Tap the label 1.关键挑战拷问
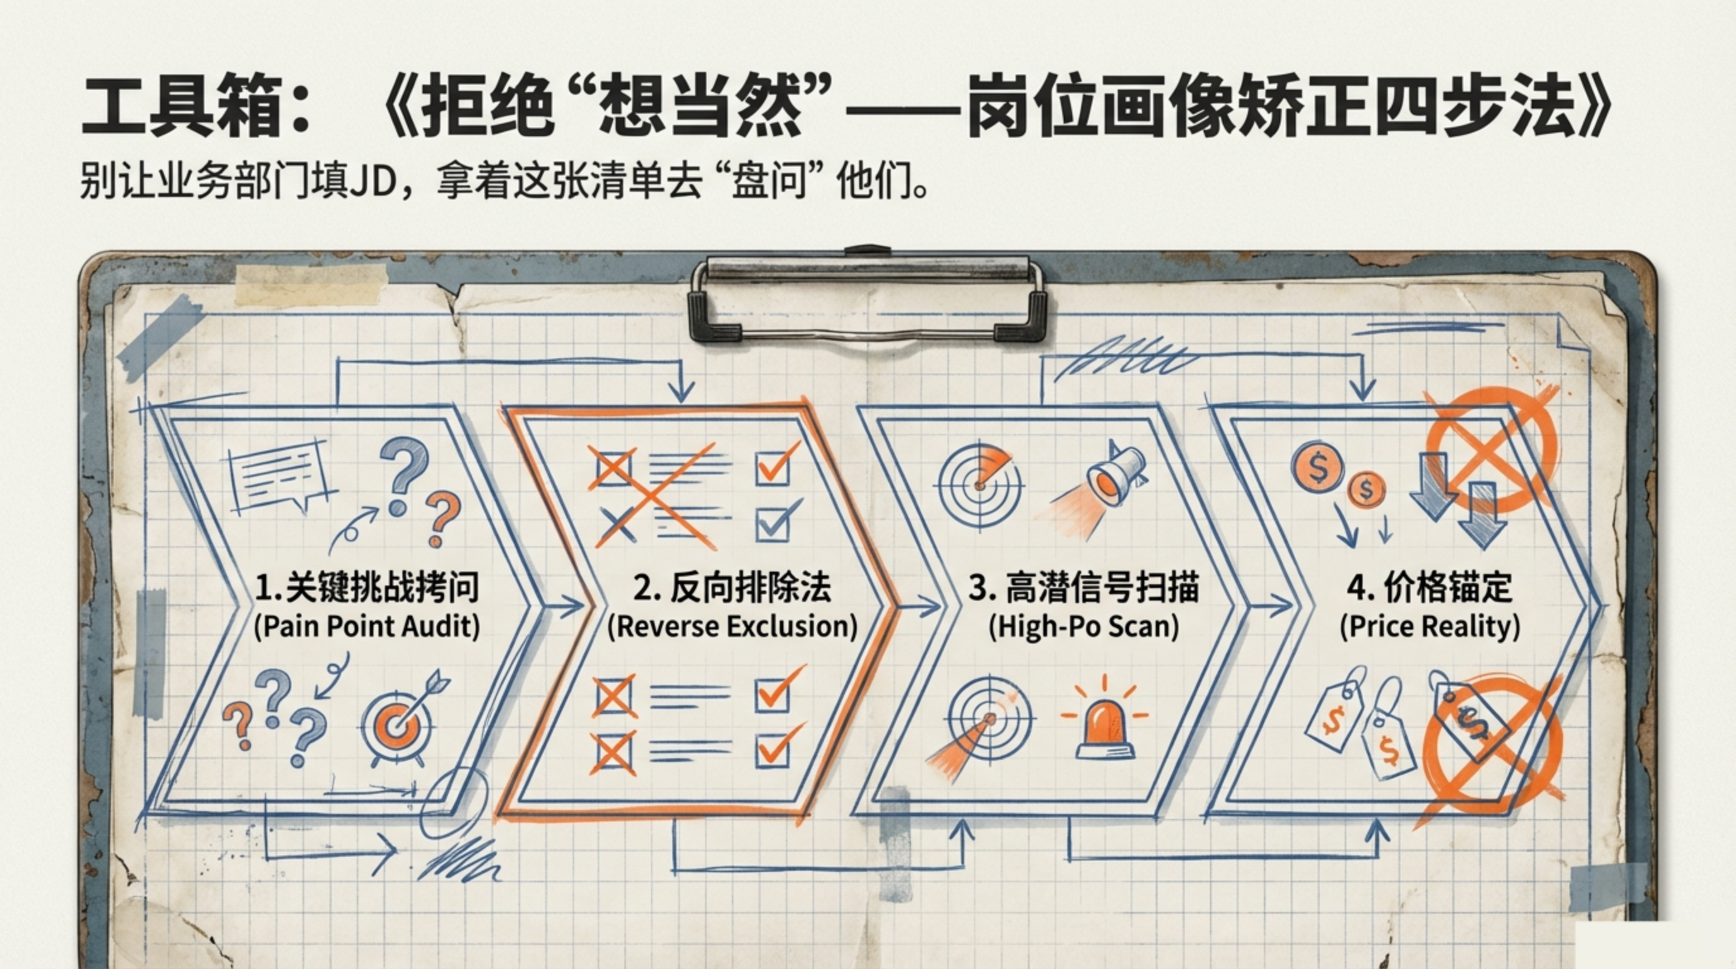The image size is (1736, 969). tap(367, 587)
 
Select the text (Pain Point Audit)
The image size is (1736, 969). tap(367, 626)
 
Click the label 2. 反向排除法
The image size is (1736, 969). tap(732, 587)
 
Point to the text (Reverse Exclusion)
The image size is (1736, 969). tap(732, 626)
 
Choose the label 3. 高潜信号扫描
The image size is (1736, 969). tap(1084, 587)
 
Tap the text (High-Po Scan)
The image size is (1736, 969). tap(1084, 626)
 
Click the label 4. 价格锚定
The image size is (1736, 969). tap(1430, 587)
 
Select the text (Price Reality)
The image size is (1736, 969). tap(1430, 626)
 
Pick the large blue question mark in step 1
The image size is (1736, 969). tap(405, 472)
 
